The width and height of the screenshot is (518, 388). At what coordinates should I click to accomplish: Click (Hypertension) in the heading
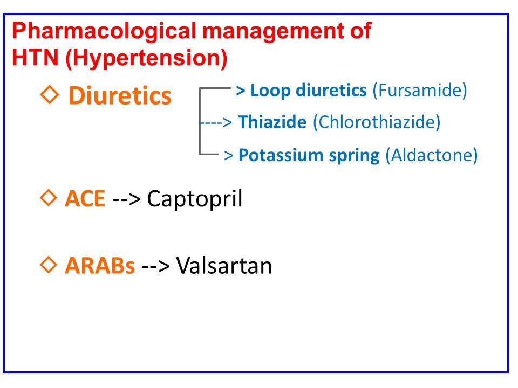[x=146, y=59]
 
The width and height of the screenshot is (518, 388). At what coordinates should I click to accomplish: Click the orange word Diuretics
[x=120, y=96]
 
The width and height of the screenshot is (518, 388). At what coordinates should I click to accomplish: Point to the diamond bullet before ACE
[x=49, y=198]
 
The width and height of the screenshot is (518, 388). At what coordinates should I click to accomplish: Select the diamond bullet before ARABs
[x=49, y=265]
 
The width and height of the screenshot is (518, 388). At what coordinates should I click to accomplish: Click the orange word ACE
[x=85, y=199]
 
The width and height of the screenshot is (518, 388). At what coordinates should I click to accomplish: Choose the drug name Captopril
[x=195, y=199]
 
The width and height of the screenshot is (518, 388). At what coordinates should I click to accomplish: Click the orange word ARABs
[x=100, y=266]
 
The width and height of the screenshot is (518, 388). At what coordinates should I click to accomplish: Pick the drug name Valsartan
[x=224, y=266]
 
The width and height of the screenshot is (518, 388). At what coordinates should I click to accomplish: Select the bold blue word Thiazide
[x=272, y=123]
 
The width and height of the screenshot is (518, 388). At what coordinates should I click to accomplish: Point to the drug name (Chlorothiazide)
[x=377, y=123]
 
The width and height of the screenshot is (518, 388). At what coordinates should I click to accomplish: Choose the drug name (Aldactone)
[x=431, y=156]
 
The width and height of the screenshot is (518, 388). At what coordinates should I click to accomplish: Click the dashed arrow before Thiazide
[x=216, y=123]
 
